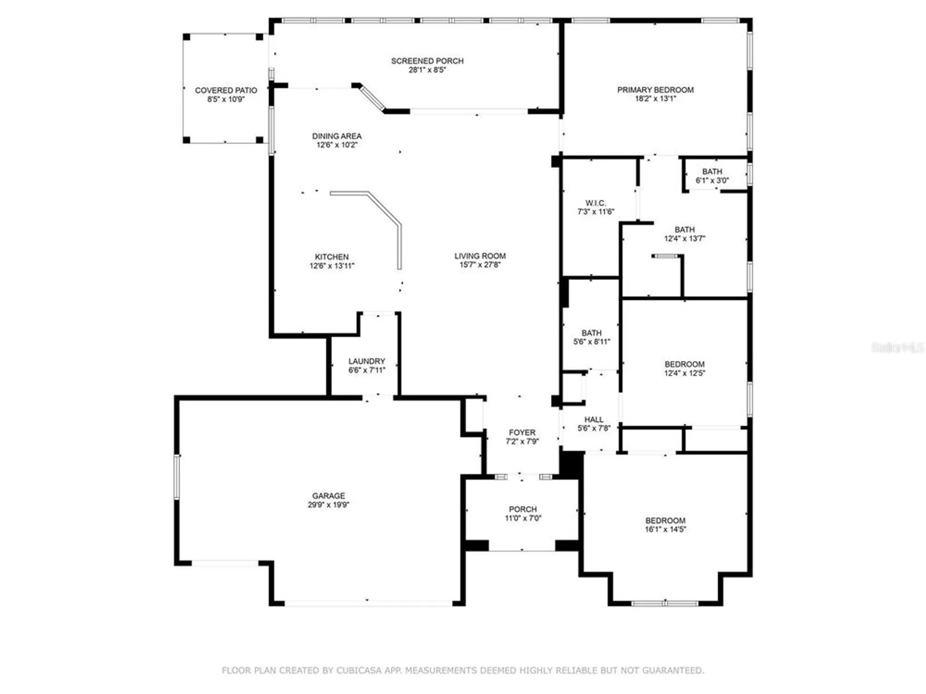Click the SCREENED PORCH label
[427, 61]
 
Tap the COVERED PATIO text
[226, 90]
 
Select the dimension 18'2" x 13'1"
[655, 99]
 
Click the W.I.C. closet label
[595, 203]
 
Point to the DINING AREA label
[337, 136]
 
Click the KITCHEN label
[332, 257]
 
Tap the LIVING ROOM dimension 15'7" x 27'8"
[480, 265]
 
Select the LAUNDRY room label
[367, 361]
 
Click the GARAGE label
[328, 496]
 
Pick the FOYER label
[522, 432]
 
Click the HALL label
[594, 419]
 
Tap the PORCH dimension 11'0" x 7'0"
[523, 518]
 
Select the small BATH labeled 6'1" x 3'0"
[712, 172]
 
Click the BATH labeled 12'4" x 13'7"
[684, 230]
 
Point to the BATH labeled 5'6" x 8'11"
[591, 333]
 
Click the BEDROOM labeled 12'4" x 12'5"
[684, 364]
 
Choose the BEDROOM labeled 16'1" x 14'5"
[665, 520]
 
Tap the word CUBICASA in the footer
[359, 670]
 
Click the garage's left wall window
[177, 477]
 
